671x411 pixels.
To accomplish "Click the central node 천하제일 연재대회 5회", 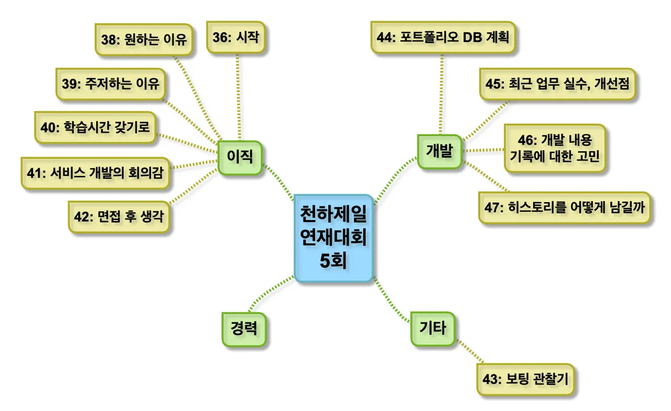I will pyautogui.click(x=333, y=238).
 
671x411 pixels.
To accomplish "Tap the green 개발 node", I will pyautogui.click(x=439, y=151).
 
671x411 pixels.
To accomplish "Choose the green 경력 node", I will pyautogui.click(x=243, y=329).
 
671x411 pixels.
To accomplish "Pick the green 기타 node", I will pyautogui.click(x=432, y=328).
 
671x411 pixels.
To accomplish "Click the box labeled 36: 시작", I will pyautogui.click(x=236, y=37).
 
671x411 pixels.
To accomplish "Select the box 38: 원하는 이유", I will pyautogui.click(x=144, y=39).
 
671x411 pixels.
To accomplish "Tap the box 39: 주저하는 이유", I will pyautogui.click(x=110, y=84).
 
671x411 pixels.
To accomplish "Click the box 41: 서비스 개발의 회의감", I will pyautogui.click(x=95, y=172).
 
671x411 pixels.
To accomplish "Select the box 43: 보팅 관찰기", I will pyautogui.click(x=526, y=379).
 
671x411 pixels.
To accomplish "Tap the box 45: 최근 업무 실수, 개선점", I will pyautogui.click(x=558, y=83).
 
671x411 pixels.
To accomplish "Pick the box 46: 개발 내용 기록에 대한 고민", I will pyautogui.click(x=555, y=148).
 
